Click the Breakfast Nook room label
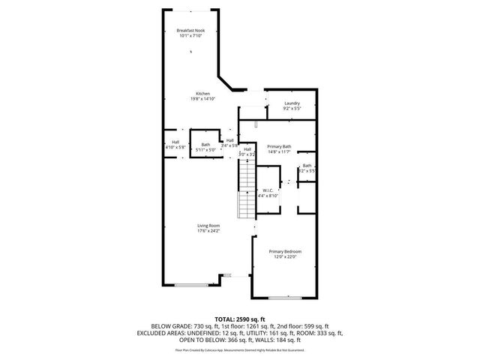coord(190,30)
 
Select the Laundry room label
coord(292,103)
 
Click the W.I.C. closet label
coord(268,190)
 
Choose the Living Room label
coord(208,226)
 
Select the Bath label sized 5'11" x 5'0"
coord(205,145)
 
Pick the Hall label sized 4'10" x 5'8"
coord(175,142)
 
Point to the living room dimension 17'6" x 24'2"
coord(208,231)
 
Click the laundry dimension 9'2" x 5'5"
coord(292,108)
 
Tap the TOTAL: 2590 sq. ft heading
coord(239,319)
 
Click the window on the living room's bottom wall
coord(193,285)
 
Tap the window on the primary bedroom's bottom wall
coord(285,298)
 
